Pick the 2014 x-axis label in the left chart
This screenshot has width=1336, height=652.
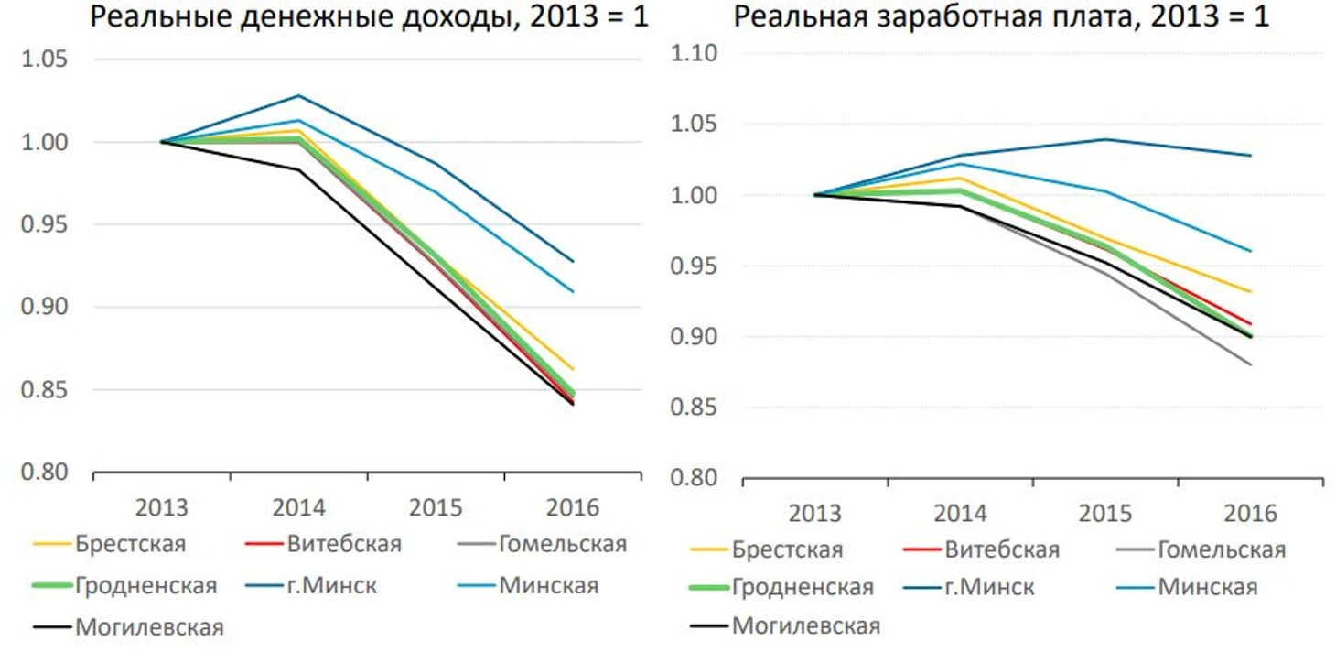pyautogui.click(x=298, y=507)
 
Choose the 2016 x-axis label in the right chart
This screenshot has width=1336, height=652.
pyautogui.click(x=1250, y=513)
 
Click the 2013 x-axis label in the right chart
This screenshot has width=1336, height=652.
pyautogui.click(x=814, y=513)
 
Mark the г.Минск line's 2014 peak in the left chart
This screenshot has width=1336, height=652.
pyautogui.click(x=298, y=95)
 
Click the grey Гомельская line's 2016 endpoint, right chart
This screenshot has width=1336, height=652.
pyautogui.click(x=1251, y=364)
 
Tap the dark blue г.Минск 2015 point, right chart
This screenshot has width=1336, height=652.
pyautogui.click(x=1105, y=139)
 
